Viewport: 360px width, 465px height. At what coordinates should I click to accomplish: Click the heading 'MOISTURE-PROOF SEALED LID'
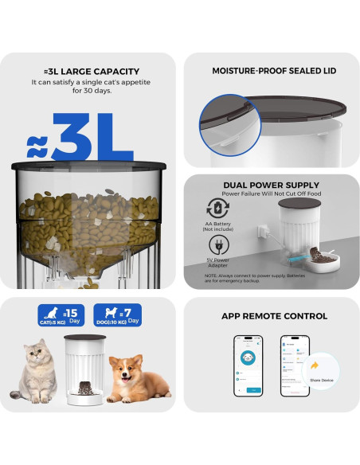[273, 71]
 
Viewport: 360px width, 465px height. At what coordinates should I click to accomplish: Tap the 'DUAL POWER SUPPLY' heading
[270, 186]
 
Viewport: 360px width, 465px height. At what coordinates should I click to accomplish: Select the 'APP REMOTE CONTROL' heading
[273, 316]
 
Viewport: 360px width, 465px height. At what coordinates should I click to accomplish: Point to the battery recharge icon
[217, 208]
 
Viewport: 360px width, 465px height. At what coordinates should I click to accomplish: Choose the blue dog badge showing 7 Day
[117, 315]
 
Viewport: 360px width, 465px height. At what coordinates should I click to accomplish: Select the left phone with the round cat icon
[248, 365]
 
